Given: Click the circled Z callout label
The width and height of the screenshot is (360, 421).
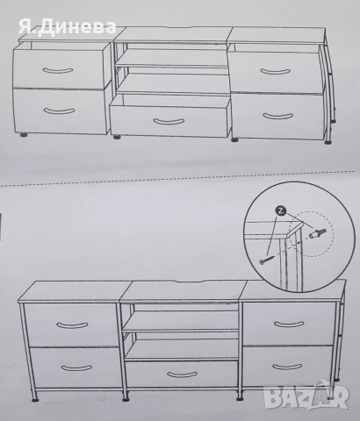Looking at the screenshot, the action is click(281, 210).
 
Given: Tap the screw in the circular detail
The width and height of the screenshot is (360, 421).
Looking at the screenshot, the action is click(266, 260).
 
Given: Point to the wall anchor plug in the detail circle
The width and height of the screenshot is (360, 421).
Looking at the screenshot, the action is click(317, 234).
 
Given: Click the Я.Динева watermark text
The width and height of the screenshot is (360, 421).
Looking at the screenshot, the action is click(67, 27).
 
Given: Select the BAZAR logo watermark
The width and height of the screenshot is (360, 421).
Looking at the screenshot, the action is click(306, 396).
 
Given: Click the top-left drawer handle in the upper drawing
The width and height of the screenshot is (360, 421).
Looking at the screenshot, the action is click(58, 71).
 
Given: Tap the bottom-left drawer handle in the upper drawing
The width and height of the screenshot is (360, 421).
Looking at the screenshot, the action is click(59, 111).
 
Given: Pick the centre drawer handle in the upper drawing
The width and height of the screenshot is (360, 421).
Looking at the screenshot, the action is click(169, 121).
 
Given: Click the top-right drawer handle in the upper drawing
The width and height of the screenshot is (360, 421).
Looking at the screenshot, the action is click(275, 72).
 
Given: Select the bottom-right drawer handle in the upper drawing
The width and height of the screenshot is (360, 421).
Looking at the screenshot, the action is click(278, 116).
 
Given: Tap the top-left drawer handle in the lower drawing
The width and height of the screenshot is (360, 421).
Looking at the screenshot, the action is click(72, 325).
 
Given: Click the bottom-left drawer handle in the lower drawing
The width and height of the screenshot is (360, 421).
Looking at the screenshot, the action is click(77, 367).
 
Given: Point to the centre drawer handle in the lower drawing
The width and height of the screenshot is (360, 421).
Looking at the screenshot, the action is click(182, 375).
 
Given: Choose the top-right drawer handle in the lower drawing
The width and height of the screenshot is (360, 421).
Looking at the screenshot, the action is click(289, 324).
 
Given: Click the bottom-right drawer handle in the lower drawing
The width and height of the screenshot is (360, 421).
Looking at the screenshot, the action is click(287, 367).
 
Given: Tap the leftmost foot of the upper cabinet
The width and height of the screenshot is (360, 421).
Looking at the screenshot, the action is click(24, 135).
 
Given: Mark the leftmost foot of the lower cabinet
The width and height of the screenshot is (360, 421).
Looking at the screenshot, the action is click(35, 399).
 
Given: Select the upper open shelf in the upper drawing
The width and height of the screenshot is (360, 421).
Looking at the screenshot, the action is click(171, 59).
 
